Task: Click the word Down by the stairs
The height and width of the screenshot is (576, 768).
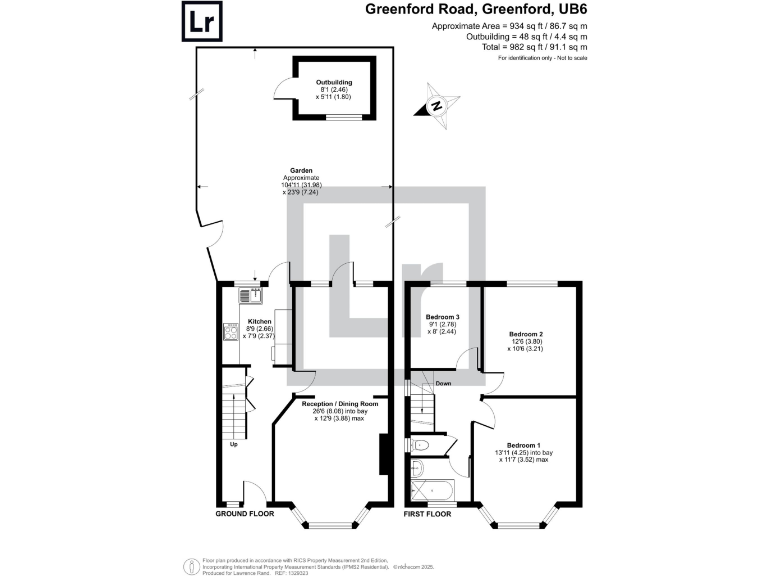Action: [442, 382]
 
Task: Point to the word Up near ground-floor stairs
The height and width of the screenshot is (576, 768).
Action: [233, 445]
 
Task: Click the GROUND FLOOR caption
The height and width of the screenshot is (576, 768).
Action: [244, 514]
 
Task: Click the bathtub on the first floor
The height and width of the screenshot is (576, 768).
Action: [432, 491]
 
